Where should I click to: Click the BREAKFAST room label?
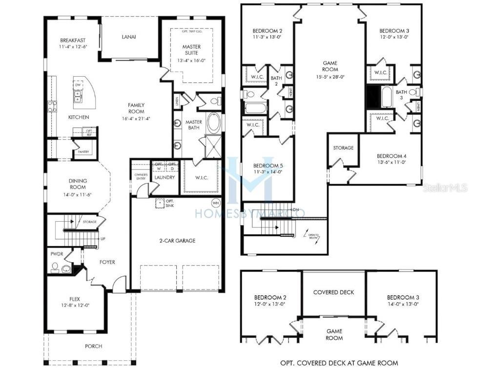click(x=73, y=40)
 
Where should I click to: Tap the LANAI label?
click(x=129, y=37)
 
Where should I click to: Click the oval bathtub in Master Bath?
click(x=214, y=123)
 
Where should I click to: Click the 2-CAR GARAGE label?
click(x=177, y=241)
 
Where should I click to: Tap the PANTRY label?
click(x=83, y=152)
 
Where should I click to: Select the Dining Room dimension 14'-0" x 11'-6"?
click(x=78, y=194)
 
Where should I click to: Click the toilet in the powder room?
click(x=55, y=268)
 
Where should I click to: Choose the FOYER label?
click(x=107, y=262)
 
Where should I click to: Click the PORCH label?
click(x=93, y=346)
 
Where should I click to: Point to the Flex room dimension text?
click(x=75, y=305)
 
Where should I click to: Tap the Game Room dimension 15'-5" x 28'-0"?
click(x=331, y=77)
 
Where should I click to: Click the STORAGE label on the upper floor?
click(x=343, y=148)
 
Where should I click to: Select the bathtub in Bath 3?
click(x=387, y=97)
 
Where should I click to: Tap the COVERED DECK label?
click(x=333, y=292)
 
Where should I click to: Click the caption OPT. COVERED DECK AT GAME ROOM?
click(x=339, y=363)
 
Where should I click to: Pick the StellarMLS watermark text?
click(x=445, y=187)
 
